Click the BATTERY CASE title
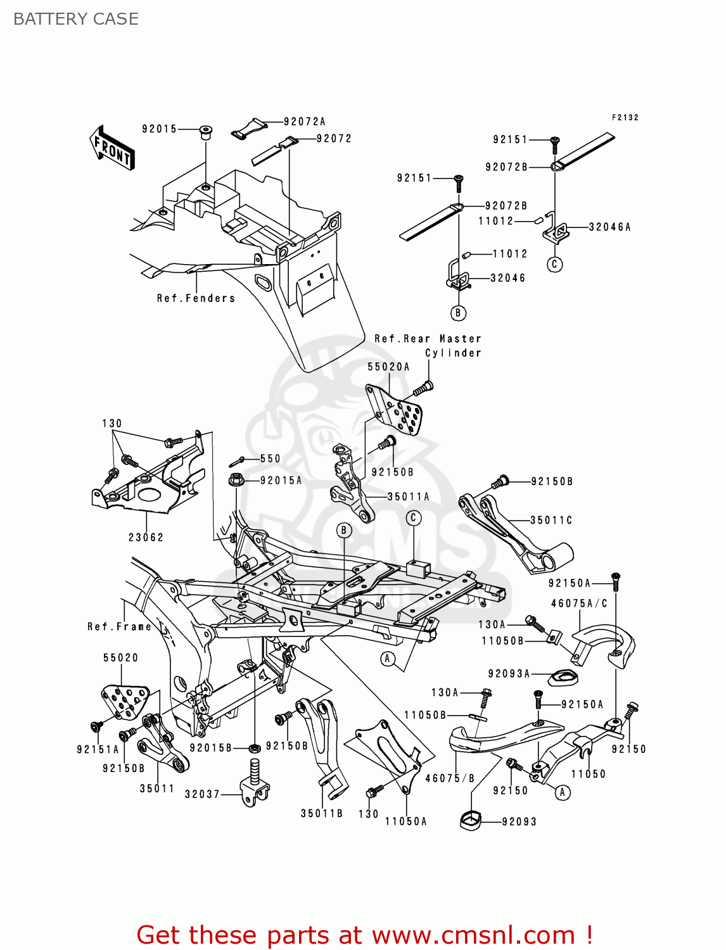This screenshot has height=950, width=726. point(76,19)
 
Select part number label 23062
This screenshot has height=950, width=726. point(146,537)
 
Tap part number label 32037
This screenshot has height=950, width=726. point(202,794)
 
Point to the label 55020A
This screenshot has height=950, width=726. point(388,367)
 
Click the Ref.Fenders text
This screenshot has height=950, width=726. point(196,298)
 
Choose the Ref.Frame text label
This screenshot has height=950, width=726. point(120,626)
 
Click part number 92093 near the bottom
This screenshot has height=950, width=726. point(519,821)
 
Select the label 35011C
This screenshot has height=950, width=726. point(551,520)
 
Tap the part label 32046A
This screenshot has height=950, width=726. point(609,227)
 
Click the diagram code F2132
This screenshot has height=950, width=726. point(625,117)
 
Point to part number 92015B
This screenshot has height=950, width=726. point(211,748)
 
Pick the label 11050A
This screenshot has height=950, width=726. point(405,821)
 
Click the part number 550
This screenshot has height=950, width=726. point(271,459)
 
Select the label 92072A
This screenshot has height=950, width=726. point(304,122)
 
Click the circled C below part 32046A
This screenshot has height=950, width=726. point(555,264)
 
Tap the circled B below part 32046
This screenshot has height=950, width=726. point(458,312)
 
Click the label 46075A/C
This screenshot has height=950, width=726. point(579,603)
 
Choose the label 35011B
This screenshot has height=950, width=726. point(321,813)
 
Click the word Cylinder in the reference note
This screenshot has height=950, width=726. point(453,353)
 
